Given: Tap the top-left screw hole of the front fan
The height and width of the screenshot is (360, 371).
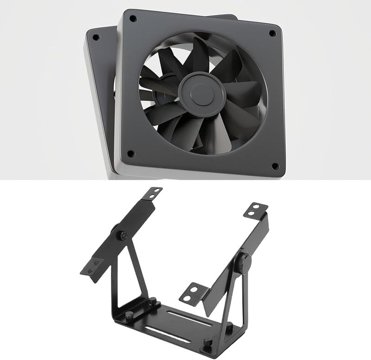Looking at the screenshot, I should tap(133, 19).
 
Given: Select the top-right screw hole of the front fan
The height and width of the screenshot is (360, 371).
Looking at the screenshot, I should tap(272, 34).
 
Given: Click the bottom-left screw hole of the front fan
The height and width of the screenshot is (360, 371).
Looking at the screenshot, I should tap(130, 153).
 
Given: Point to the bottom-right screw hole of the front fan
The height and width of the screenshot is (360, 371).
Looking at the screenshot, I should tap(275, 165).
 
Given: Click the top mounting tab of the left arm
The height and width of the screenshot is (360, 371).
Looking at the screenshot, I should tap(154, 193).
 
